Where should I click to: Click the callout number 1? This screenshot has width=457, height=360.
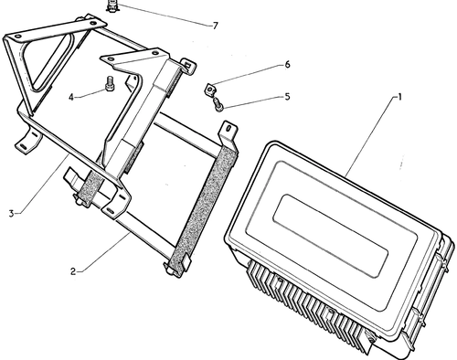tap(399, 97)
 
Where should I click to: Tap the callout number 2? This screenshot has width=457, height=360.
tap(73, 271)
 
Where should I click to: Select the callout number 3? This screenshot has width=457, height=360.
tap(11, 213)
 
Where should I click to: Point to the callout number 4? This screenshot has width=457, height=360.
tap(71, 98)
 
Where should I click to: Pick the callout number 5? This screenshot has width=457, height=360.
tap(287, 97)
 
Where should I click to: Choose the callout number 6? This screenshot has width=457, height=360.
tap(287, 65)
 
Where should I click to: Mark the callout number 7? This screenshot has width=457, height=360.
tap(216, 26)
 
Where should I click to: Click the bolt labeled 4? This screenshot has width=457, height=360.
tap(109, 84)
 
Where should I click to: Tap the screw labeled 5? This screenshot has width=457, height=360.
tap(218, 104)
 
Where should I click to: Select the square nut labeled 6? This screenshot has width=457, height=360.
tap(209, 90)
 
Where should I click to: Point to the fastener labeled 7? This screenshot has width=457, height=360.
tap(112, 6)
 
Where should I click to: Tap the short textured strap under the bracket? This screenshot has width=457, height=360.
tap(90, 186)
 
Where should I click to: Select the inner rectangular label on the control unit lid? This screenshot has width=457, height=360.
tap(331, 236)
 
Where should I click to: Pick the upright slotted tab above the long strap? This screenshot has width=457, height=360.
tap(228, 134)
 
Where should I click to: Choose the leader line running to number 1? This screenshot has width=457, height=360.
tap(371, 136)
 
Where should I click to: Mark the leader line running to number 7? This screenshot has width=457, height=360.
tap(165, 16)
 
